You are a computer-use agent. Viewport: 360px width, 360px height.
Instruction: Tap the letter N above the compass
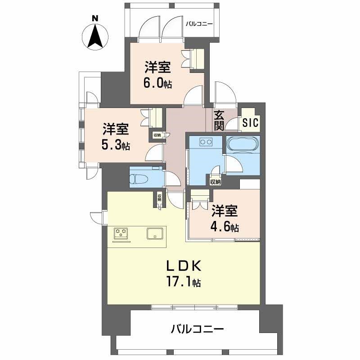[95, 18]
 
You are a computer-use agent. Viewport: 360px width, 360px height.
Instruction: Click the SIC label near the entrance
[250, 122]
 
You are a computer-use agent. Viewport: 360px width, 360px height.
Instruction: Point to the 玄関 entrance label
[219, 120]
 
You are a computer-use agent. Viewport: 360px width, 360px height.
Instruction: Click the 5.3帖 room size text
[116, 145]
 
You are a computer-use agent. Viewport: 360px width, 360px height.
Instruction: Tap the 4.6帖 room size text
[225, 227]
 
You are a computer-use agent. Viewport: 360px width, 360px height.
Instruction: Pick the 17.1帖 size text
[183, 283]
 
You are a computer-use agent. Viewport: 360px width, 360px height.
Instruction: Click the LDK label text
[183, 266]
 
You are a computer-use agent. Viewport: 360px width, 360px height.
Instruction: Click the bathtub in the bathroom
[243, 144]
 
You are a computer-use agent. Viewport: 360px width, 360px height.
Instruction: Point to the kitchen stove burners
[121, 233]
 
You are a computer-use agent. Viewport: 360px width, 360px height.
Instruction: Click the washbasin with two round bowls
[206, 143]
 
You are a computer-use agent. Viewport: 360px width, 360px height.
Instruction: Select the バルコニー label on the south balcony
[197, 329]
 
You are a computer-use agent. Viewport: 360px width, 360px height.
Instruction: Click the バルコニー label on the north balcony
[200, 25]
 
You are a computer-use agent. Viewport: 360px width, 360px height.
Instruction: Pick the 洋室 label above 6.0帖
[157, 68]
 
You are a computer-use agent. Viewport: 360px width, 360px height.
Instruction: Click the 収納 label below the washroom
[216, 182]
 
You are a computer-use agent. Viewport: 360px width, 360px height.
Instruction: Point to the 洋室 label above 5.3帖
[116, 129]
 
